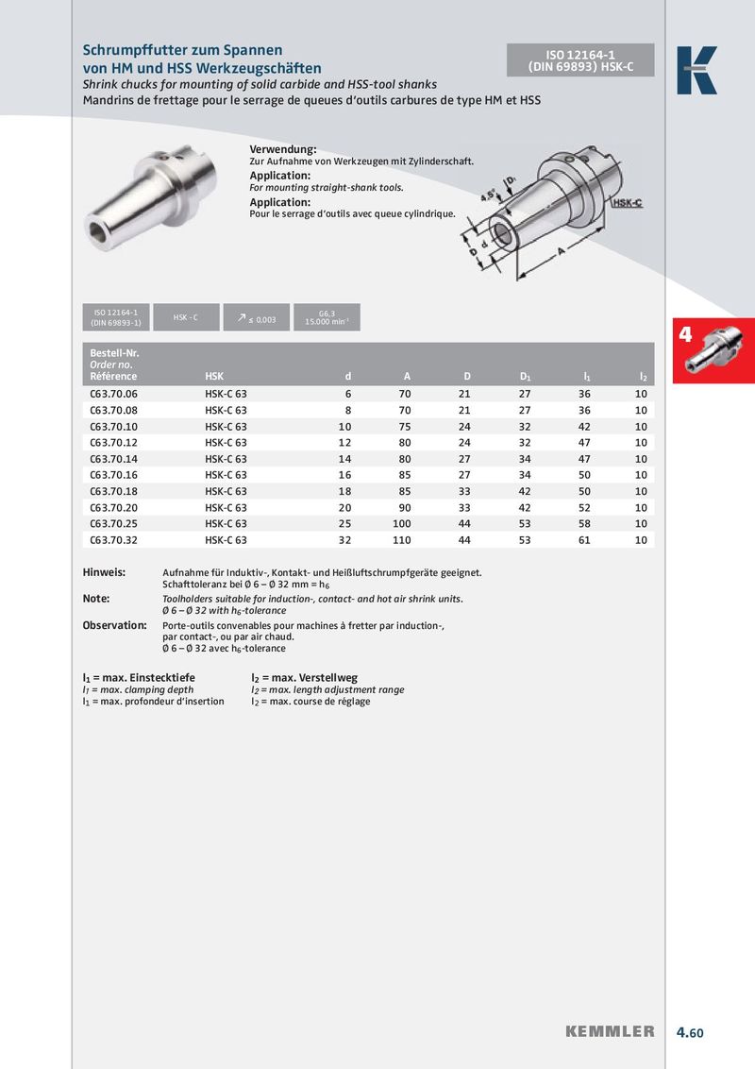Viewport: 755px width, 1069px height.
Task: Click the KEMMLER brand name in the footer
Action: pyautogui.click(x=610, y=1031)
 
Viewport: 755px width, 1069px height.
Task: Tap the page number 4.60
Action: pyautogui.click(x=690, y=1032)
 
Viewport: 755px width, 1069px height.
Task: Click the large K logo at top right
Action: pyautogui.click(x=696, y=70)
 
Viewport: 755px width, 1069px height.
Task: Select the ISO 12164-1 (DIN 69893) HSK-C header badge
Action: pyautogui.click(x=580, y=59)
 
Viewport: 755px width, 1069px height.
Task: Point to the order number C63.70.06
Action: pyautogui.click(x=113, y=394)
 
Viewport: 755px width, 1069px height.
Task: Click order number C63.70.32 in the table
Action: pyautogui.click(x=113, y=540)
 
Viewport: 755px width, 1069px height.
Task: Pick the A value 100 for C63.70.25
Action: pyautogui.click(x=402, y=524)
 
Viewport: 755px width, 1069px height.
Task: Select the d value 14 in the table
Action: pyautogui.click(x=344, y=459)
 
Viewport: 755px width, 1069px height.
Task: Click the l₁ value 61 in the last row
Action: pyautogui.click(x=585, y=540)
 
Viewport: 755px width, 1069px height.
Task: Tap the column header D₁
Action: pyautogui.click(x=525, y=377)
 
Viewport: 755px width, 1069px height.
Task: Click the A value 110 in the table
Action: pyautogui.click(x=402, y=540)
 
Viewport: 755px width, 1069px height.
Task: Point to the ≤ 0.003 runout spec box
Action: pyautogui.click(x=256, y=318)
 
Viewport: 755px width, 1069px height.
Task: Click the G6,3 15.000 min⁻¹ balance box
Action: pyautogui.click(x=327, y=318)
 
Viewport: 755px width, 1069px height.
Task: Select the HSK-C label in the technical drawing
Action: pyautogui.click(x=627, y=203)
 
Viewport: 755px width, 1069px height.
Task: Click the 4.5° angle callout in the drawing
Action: pyautogui.click(x=488, y=196)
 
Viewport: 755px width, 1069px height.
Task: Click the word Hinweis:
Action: pyautogui.click(x=104, y=573)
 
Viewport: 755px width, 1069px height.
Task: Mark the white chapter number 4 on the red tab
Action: pyautogui.click(x=686, y=334)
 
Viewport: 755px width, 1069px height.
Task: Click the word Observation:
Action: pyautogui.click(x=114, y=625)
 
